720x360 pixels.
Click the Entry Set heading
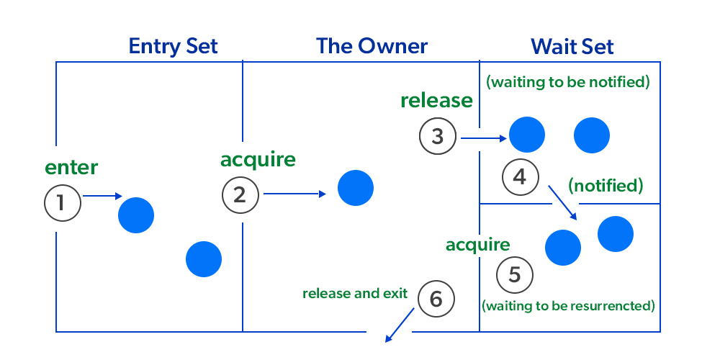click(x=173, y=47)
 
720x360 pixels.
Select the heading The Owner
click(x=372, y=47)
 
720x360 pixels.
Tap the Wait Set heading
click(x=572, y=47)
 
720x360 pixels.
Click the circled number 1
click(x=62, y=204)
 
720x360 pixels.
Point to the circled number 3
click(x=438, y=135)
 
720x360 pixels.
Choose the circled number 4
click(x=521, y=176)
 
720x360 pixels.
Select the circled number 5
click(x=515, y=274)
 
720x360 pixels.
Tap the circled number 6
click(x=436, y=298)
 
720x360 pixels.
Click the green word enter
click(x=71, y=168)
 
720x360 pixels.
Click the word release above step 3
click(x=436, y=100)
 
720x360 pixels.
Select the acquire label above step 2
click(x=258, y=159)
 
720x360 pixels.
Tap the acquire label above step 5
click(x=478, y=245)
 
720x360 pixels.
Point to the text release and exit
click(x=355, y=294)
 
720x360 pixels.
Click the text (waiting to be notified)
click(x=568, y=82)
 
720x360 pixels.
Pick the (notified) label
click(x=605, y=186)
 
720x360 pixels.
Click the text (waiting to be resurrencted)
click(x=568, y=305)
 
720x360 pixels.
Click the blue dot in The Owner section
click(x=356, y=187)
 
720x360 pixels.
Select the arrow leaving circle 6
click(x=400, y=325)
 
